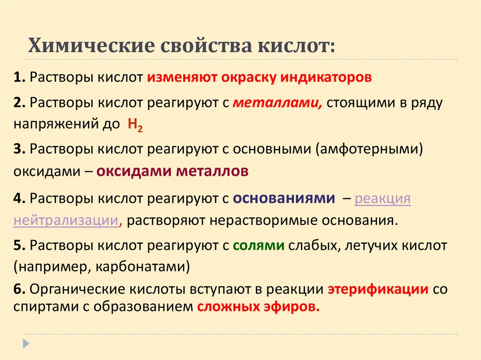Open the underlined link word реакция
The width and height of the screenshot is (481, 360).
click(x=382, y=198)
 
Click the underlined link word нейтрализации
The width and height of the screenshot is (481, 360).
click(x=65, y=220)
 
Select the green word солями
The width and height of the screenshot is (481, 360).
click(x=259, y=245)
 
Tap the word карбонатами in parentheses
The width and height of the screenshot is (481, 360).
click(x=140, y=267)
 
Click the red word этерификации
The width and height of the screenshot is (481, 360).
click(x=378, y=289)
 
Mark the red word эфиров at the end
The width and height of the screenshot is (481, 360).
click(x=292, y=307)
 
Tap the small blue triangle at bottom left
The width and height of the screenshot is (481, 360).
click(x=26, y=343)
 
